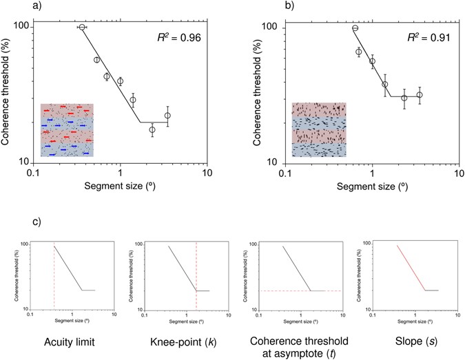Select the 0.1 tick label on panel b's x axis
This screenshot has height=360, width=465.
click(x=286, y=172)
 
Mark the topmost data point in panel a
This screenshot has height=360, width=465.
click(x=82, y=28)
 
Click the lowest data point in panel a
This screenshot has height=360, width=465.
click(x=152, y=129)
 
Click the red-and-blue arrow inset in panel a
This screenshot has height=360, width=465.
click(x=66, y=130)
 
